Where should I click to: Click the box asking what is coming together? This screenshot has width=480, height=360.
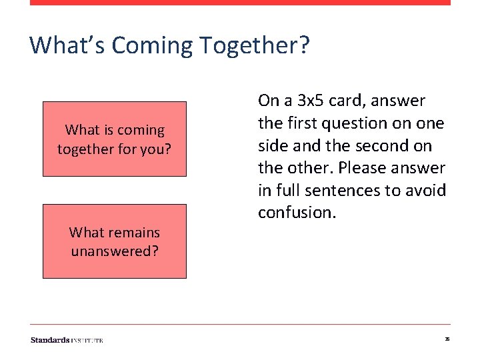[x=115, y=139]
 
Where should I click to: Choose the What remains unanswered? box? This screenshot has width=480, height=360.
[x=115, y=241]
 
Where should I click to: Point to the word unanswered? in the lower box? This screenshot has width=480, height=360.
[x=115, y=251]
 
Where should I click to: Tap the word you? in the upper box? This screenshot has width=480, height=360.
[x=157, y=149]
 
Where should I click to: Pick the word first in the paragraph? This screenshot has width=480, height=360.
[x=299, y=123]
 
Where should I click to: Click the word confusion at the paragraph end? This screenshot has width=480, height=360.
[x=295, y=213]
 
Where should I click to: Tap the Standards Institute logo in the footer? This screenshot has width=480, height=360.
[x=67, y=340]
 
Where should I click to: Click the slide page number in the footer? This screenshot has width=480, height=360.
[x=447, y=339]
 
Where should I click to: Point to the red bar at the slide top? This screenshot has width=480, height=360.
[x=240, y=3]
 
